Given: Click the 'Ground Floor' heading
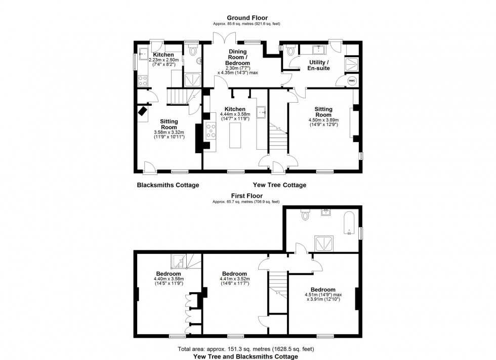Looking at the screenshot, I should tap(247, 18).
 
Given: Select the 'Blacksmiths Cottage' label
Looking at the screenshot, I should tap(168, 185).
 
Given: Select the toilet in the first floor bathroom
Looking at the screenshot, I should tap(305, 215).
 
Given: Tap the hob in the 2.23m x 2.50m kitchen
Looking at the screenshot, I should tap(142, 79).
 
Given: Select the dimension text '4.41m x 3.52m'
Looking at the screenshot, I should tap(234, 279).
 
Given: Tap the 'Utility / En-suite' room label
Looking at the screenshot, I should tap(320, 65).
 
